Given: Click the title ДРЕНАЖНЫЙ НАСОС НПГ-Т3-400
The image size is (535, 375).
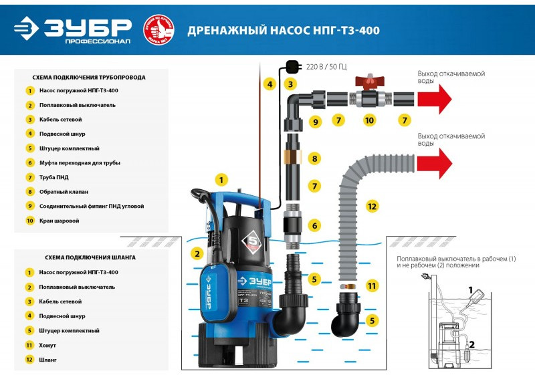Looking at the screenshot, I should [x=279, y=31].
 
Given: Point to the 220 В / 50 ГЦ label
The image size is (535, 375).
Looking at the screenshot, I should [x=327, y=68].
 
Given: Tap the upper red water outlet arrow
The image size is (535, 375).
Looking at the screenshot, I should [x=434, y=99].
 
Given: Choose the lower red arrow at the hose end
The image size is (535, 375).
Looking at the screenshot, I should [x=434, y=163].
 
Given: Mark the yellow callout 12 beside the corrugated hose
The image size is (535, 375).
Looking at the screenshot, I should [x=372, y=207].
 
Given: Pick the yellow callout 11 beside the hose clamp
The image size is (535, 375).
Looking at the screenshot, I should [x=372, y=285].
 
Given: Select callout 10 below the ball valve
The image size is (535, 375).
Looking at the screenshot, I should [x=369, y=121].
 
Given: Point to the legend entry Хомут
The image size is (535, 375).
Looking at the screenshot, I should [x=47, y=345].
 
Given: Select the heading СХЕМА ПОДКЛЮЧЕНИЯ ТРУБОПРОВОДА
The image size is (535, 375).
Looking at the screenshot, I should [x=90, y=77].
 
